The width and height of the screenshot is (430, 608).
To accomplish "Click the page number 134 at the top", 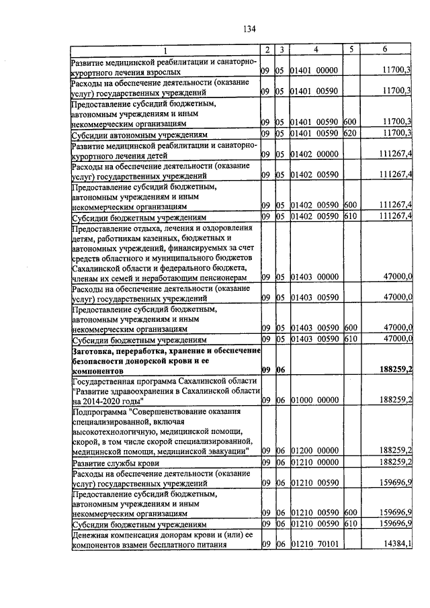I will (250, 28).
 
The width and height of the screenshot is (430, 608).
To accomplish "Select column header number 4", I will (315, 50).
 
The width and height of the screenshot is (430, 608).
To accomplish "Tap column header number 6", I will (385, 50).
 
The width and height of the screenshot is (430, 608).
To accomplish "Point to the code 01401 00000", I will (313, 70).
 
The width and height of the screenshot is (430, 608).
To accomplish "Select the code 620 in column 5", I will (349, 133).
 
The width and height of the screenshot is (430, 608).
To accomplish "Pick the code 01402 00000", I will (313, 153).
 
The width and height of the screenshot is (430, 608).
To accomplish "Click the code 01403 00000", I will (313, 276).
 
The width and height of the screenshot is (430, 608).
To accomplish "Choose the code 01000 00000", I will (313, 400).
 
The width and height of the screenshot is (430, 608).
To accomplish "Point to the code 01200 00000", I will (313, 450).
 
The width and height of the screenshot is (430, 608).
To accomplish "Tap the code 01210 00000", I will (313, 462).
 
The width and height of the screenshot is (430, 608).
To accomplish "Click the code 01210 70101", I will (313, 544).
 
